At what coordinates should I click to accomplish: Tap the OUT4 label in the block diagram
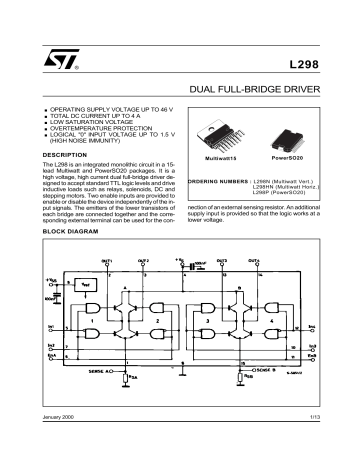pos(282,258)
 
